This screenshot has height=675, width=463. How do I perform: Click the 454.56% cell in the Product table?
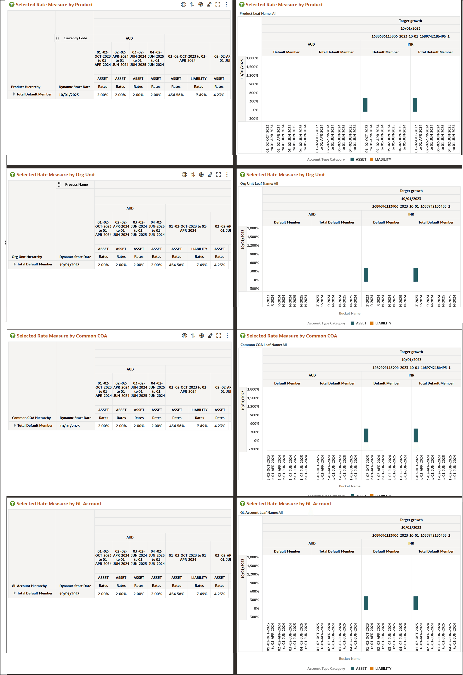[176, 95]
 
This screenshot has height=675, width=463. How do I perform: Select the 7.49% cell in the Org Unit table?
[202, 265]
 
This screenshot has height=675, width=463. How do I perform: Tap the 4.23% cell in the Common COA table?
[220, 426]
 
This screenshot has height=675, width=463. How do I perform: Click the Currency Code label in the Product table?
[75, 38]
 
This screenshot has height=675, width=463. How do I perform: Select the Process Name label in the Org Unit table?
[76, 184]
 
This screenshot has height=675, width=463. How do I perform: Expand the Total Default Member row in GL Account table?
[15, 593]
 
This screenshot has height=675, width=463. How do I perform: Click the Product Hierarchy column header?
[25, 87]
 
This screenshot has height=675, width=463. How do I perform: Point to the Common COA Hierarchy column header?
[31, 418]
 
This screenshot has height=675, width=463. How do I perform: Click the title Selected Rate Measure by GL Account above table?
[59, 504]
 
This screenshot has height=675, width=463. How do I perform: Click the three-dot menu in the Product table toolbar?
[226, 4]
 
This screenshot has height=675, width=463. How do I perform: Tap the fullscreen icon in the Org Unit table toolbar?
[219, 174]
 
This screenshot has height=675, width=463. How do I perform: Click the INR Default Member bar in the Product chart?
[365, 105]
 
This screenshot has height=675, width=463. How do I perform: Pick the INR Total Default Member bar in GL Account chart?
[415, 603]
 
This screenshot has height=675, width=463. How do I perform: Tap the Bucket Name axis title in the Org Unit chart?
[349, 313]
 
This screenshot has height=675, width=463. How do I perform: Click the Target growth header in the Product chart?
[410, 21]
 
